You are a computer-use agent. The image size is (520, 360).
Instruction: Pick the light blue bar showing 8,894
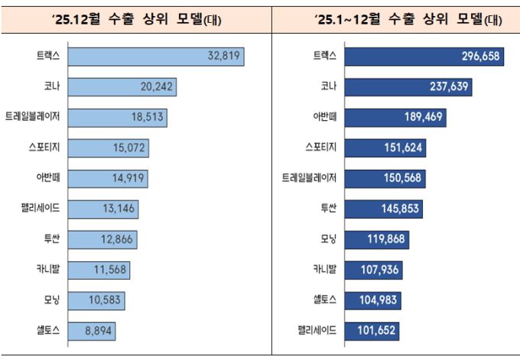coord(93,331)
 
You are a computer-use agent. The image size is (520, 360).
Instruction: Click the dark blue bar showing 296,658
coord(424,57)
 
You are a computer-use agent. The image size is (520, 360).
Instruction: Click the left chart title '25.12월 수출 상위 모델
coord(136,20)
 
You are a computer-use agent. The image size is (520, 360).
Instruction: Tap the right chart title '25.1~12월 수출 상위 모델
coord(397,20)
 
